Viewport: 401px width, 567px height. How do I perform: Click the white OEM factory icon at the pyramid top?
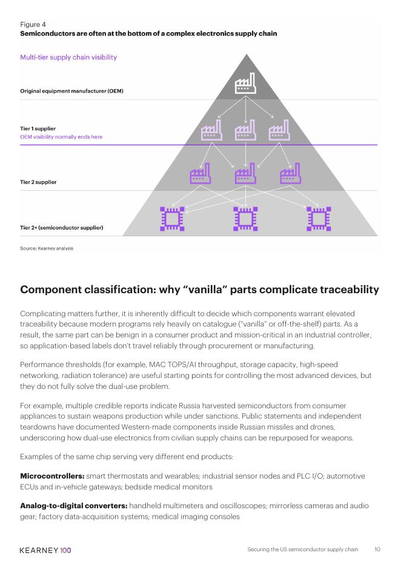click(245, 84)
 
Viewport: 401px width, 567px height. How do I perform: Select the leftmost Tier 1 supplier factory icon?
click(211, 130)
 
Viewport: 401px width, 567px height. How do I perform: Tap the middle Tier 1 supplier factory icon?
click(245, 130)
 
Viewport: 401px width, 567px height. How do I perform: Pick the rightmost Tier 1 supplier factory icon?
click(279, 130)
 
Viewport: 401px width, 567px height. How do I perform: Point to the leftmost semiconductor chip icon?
click(172, 219)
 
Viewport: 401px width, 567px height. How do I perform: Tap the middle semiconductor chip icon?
click(245, 219)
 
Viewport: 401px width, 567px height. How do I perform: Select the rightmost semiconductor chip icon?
click(318, 219)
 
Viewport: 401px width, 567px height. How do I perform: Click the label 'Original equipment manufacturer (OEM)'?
click(71, 91)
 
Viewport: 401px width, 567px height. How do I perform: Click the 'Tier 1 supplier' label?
click(39, 128)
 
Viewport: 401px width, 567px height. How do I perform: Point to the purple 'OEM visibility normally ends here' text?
click(61, 137)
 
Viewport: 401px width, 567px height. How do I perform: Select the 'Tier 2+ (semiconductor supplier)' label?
click(62, 228)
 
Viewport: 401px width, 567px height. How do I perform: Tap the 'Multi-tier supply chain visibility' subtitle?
click(68, 58)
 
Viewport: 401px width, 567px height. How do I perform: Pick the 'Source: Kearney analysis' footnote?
click(47, 248)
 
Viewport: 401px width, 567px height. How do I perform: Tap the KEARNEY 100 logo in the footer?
click(45, 550)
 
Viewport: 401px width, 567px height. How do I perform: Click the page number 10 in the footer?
click(377, 550)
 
